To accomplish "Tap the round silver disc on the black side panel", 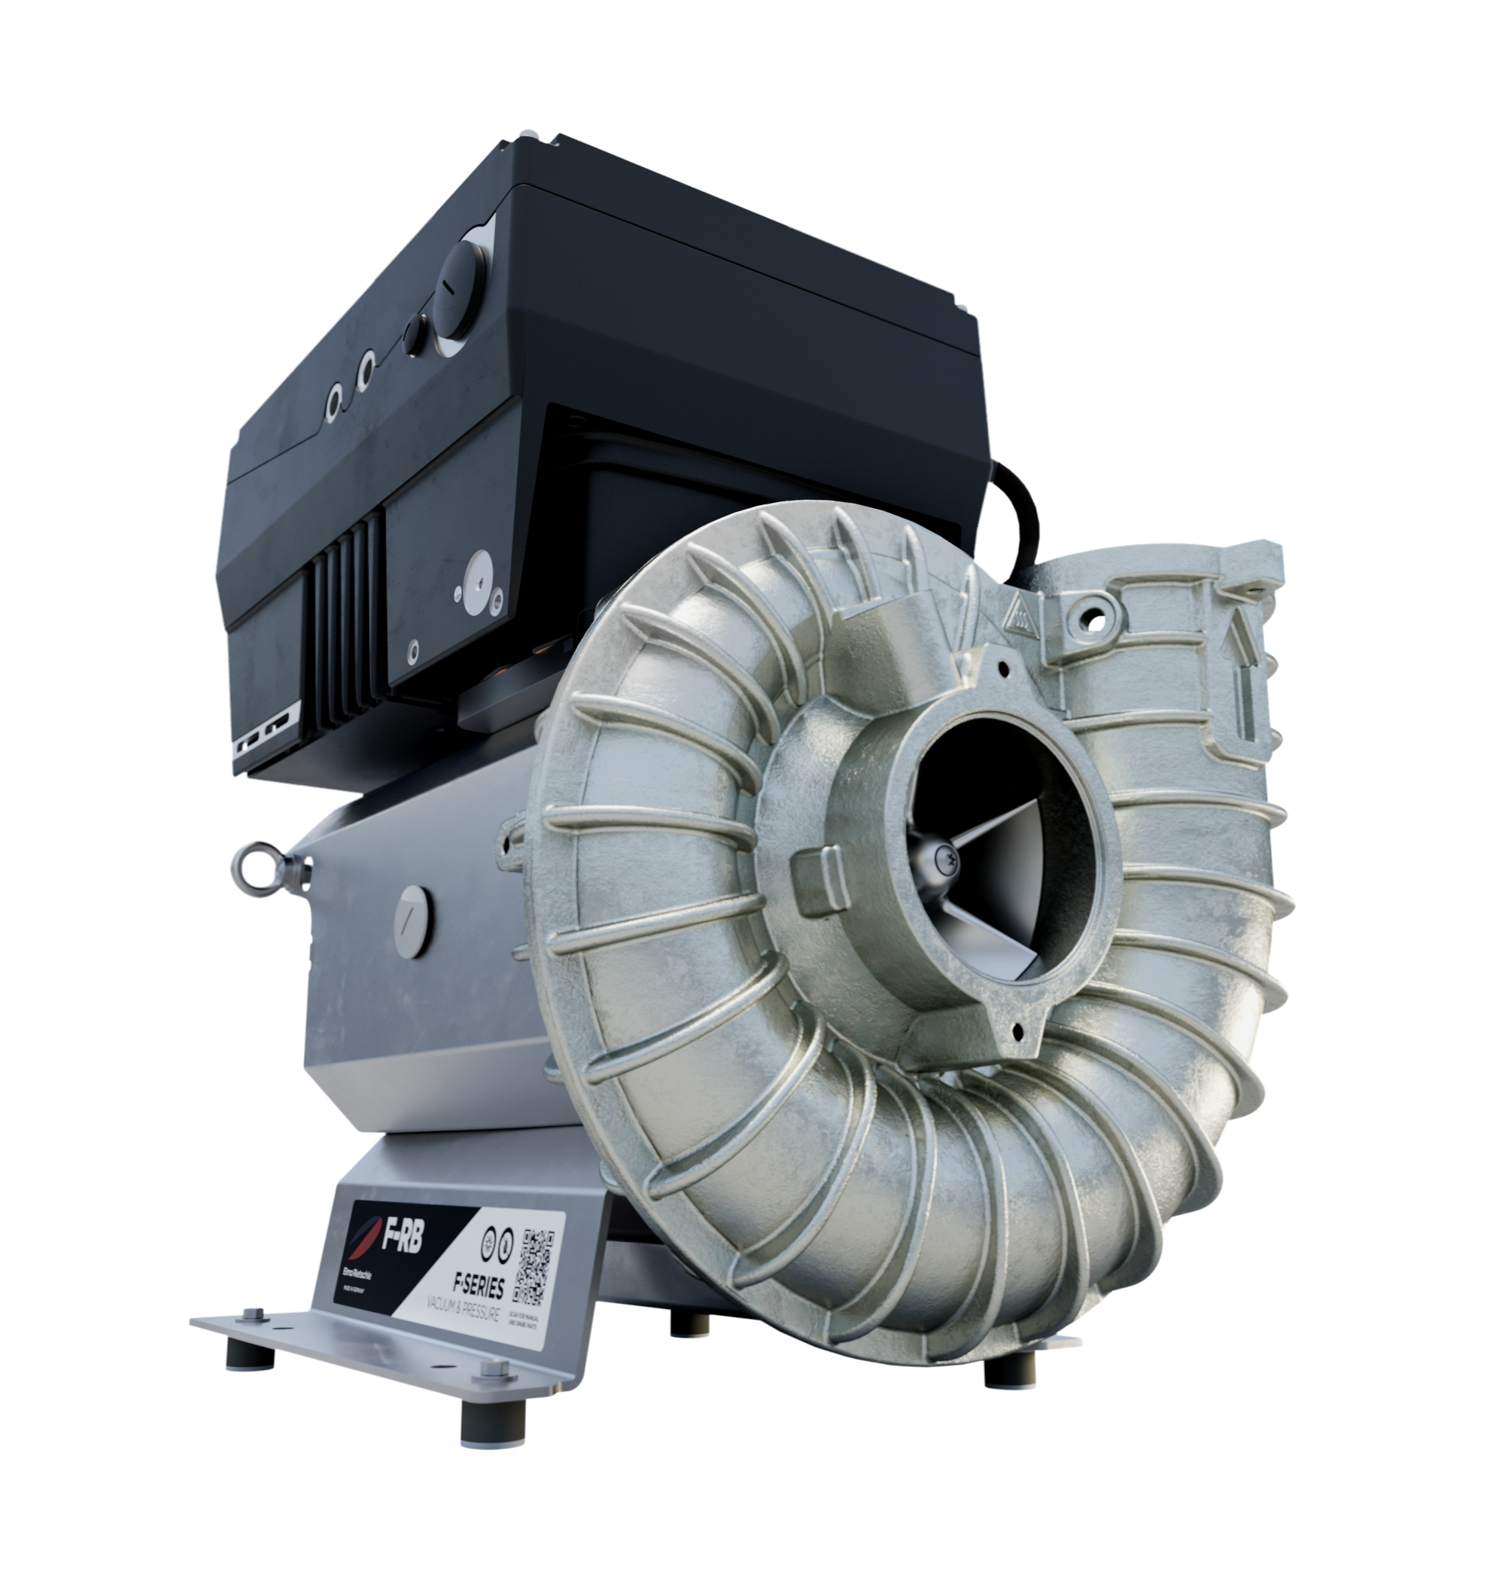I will click(x=480, y=572).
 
